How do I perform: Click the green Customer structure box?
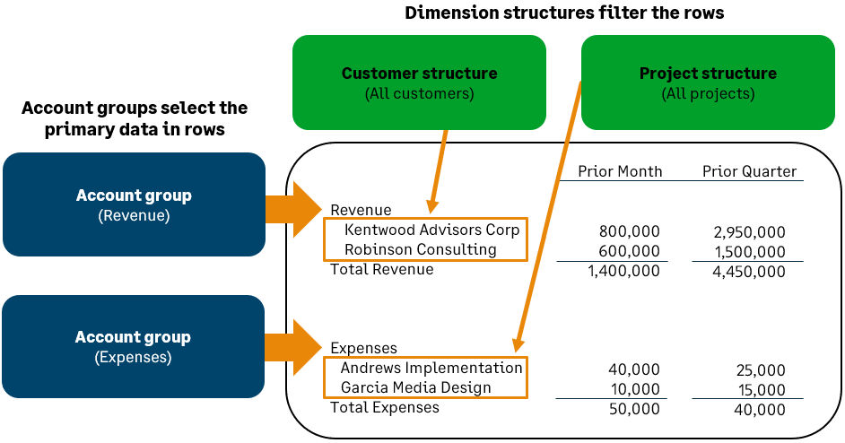(419, 83)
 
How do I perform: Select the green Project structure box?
(708, 83)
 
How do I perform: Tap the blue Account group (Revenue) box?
(134, 204)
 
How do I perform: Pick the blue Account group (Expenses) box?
(134, 347)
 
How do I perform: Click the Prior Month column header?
(620, 171)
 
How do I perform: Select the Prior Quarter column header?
(749, 171)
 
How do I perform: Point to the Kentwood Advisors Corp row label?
(431, 230)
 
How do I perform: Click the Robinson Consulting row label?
(421, 249)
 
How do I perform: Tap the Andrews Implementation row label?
(431, 368)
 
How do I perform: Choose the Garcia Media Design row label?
(416, 387)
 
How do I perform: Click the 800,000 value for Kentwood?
(629, 231)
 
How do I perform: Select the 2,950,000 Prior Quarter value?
(749, 232)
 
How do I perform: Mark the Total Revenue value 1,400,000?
(623, 271)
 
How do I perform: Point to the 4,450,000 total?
(749, 272)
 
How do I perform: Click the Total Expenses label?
(385, 408)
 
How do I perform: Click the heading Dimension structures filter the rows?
(564, 13)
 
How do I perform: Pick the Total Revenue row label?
(381, 269)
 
